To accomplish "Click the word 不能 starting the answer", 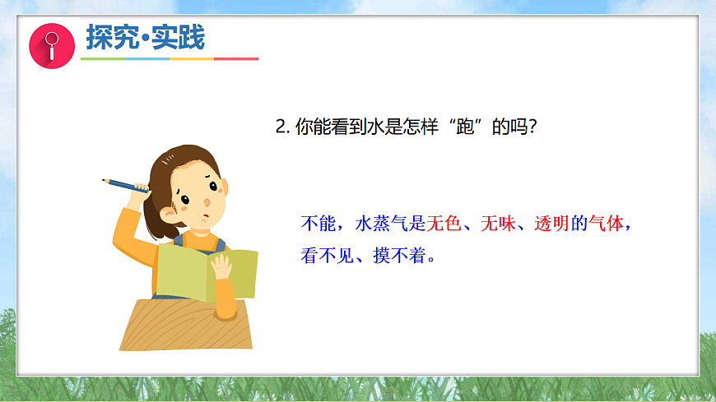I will (x=316, y=224).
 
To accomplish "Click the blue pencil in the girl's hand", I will (x=123, y=184).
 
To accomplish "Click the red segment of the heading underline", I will (x=237, y=59).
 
